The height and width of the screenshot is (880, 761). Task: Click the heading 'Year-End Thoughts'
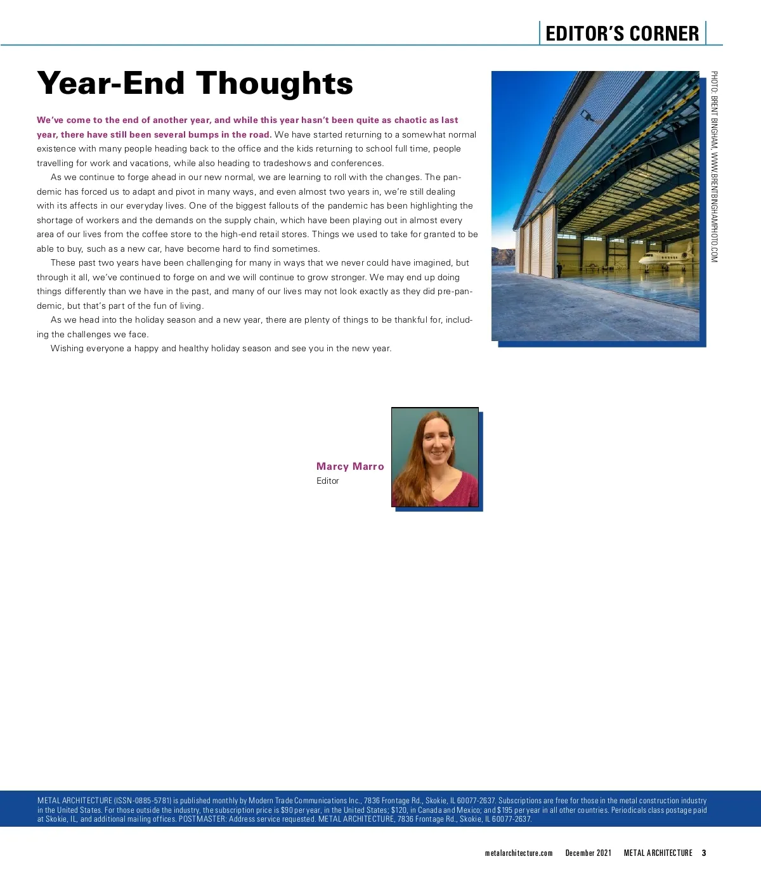point(195,83)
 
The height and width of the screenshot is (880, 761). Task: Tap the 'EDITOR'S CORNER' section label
point(621,34)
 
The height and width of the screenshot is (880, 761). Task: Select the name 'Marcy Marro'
point(350,467)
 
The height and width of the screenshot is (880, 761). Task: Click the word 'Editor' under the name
point(328,481)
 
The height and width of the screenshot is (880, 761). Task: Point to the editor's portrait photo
point(435,457)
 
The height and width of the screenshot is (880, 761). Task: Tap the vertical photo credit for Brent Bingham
point(714,167)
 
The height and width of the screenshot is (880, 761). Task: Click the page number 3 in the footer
point(704,853)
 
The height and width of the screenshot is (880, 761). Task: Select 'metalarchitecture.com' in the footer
point(519,853)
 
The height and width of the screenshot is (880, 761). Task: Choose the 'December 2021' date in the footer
point(589,853)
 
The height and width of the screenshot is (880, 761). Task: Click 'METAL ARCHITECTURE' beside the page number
point(658,853)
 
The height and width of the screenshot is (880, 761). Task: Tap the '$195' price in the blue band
point(505,810)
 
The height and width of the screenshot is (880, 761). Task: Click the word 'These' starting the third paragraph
point(63,263)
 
